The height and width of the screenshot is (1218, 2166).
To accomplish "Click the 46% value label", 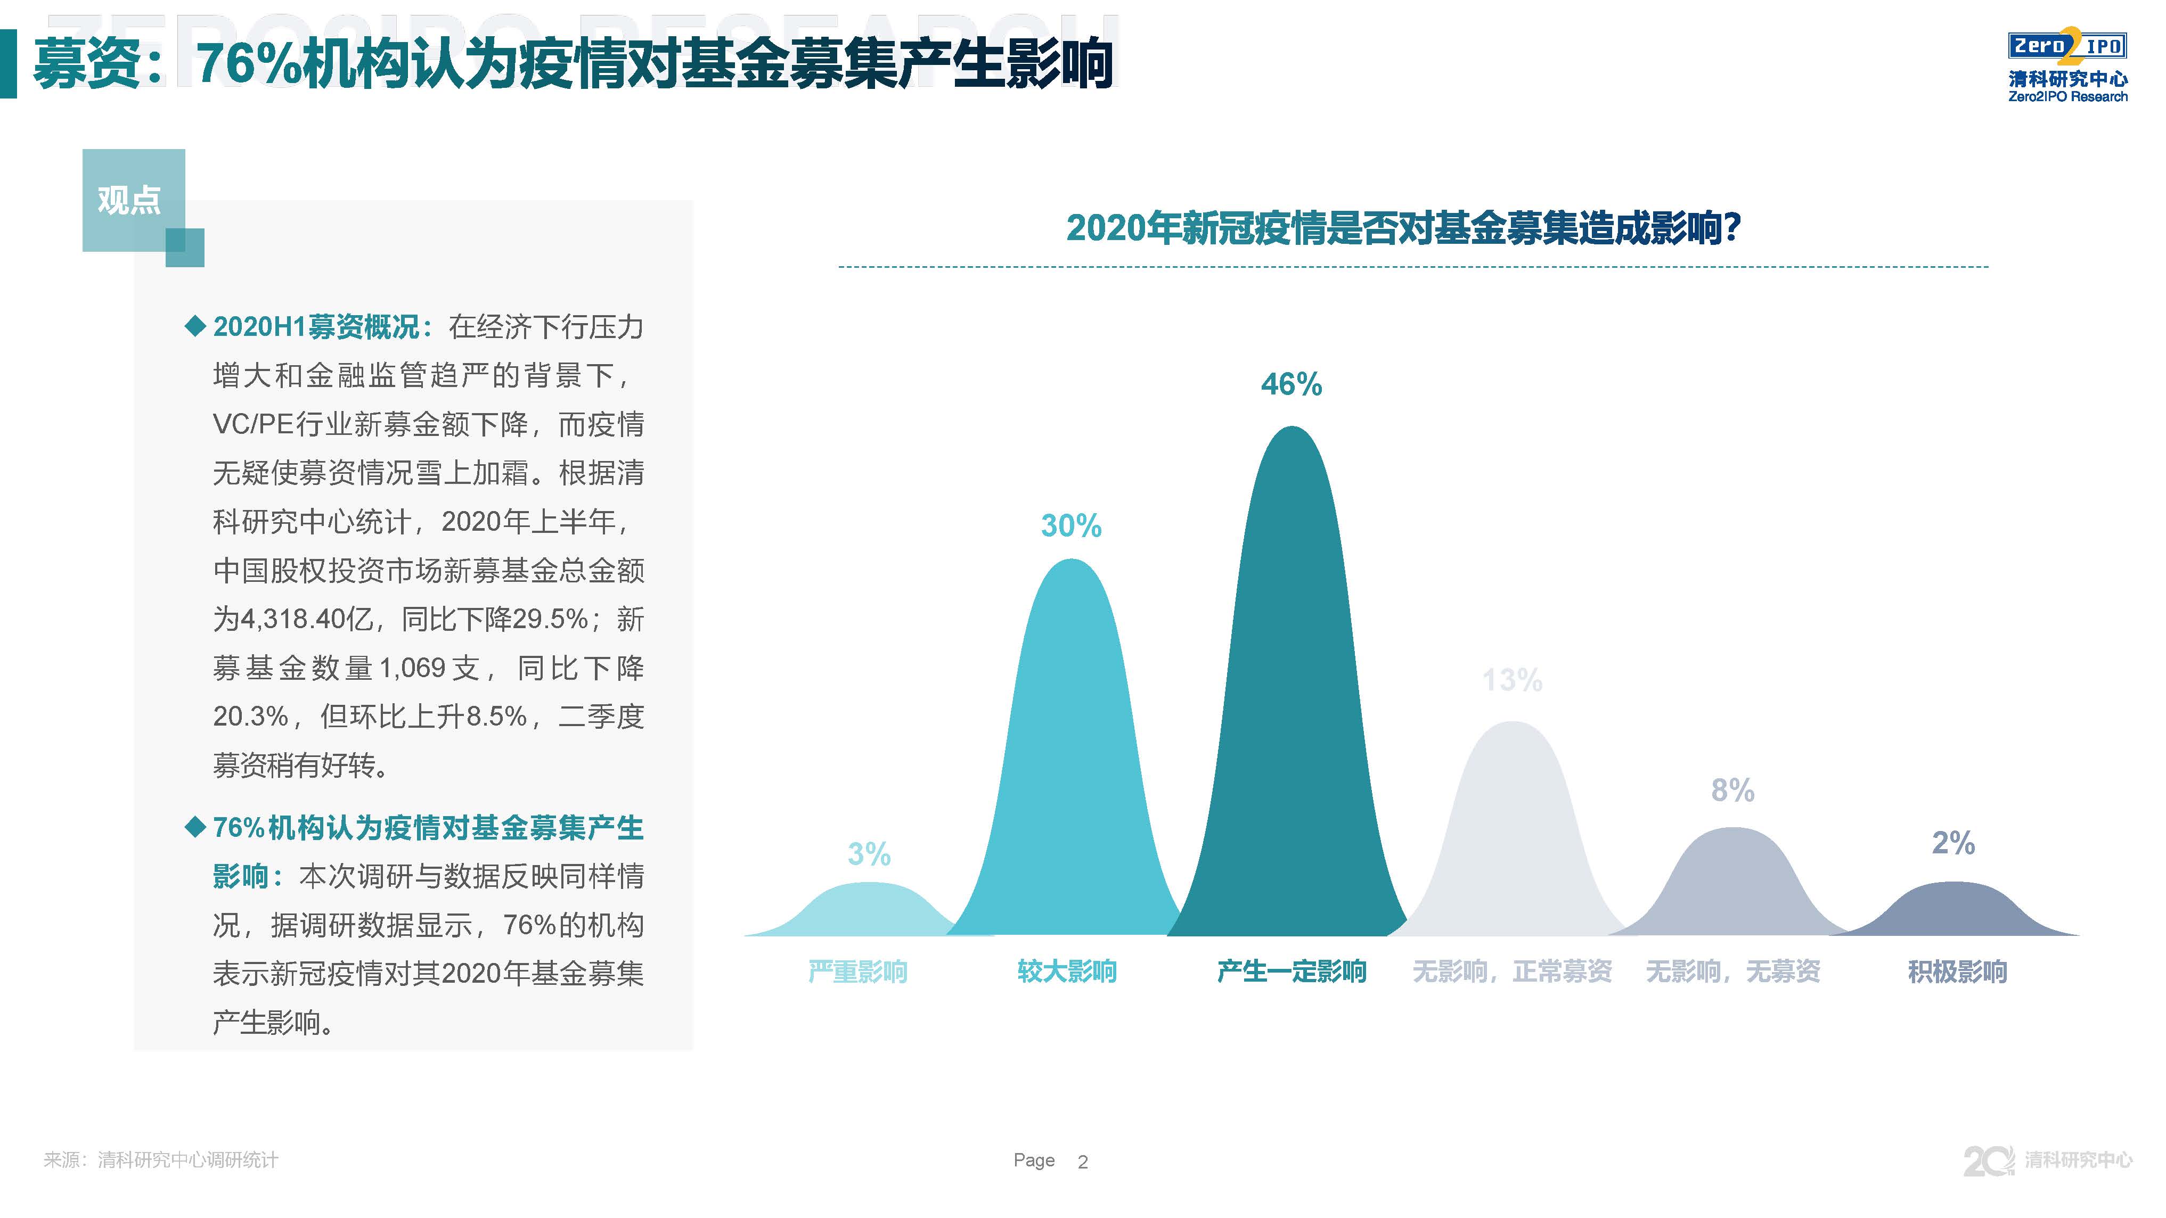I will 1290,385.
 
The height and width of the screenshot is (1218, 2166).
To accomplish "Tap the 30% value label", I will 1070,526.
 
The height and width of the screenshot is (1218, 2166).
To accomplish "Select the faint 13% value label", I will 1512,680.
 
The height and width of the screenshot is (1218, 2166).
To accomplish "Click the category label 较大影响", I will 1066,972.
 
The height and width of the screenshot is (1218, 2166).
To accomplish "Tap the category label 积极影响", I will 1957,972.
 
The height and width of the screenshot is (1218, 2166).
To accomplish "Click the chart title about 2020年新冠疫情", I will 1402,228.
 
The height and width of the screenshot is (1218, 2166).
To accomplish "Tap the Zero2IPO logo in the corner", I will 2067,67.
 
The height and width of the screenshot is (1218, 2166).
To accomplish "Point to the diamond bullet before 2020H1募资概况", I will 195,326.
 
